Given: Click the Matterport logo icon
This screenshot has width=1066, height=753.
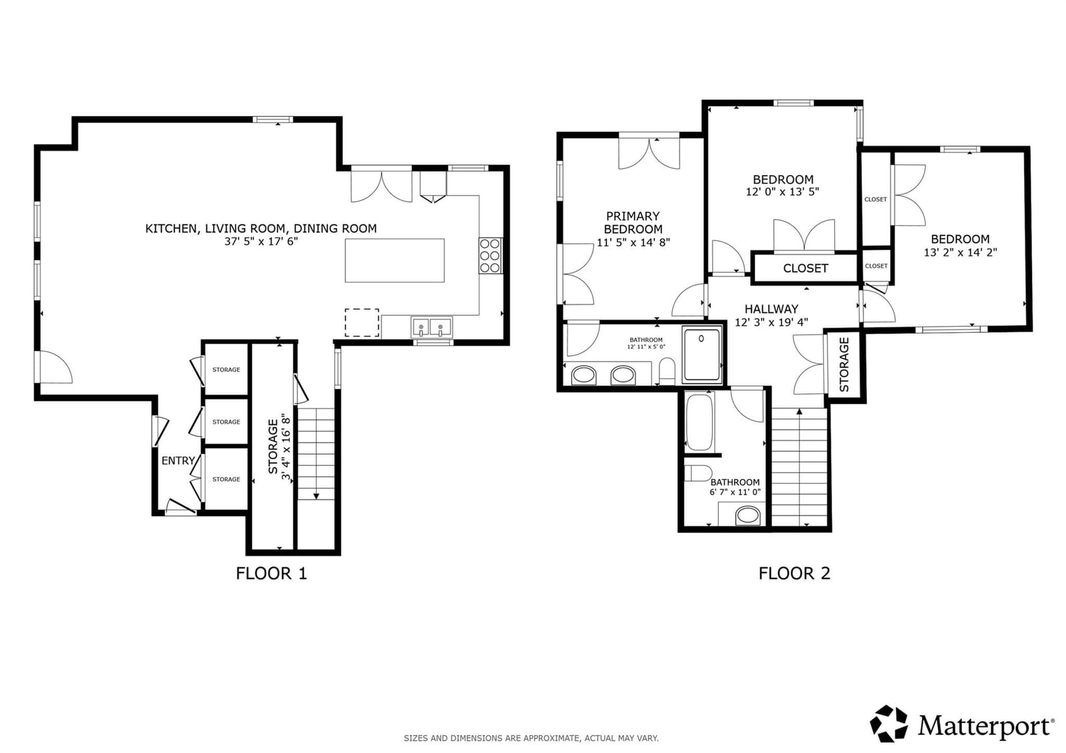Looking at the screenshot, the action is (x=889, y=724).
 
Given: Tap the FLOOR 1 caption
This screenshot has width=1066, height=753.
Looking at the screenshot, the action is (x=271, y=574).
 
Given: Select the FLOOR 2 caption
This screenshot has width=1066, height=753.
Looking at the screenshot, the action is (x=794, y=574).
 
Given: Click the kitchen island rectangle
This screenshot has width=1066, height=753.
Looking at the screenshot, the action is (x=394, y=261).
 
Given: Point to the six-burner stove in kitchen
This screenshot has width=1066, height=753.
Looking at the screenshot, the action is (x=490, y=256).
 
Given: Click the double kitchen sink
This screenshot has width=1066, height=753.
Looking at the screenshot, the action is (x=432, y=328).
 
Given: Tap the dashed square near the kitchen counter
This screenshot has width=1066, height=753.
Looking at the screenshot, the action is (x=362, y=322).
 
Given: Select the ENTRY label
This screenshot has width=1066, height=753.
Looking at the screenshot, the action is (x=178, y=461).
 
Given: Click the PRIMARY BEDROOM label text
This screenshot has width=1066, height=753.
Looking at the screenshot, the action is (x=633, y=222).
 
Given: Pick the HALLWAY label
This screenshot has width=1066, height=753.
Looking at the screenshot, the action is (x=772, y=309).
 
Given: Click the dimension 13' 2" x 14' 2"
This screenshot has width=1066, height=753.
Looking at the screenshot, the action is (x=960, y=252).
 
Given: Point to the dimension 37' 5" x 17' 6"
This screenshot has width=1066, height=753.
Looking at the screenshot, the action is (x=261, y=242).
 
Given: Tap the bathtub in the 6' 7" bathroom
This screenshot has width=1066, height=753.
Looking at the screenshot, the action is (x=699, y=422).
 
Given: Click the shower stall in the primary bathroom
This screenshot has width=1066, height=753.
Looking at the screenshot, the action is (x=702, y=354).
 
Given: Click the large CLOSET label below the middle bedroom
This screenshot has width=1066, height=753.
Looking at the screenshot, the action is (x=805, y=269).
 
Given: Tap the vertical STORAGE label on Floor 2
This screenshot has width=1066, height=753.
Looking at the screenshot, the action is (x=844, y=364).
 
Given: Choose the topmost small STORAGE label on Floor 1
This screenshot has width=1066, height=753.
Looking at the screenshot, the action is (x=226, y=370).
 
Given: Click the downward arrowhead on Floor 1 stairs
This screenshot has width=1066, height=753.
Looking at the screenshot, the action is (x=316, y=497).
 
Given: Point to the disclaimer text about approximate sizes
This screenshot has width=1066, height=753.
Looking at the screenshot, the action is (x=531, y=738).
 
